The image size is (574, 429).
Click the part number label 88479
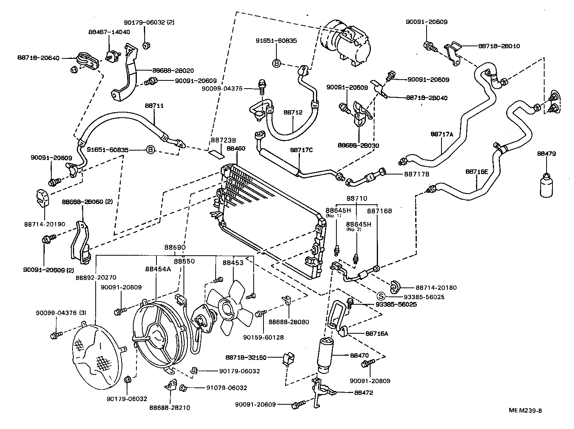coord(546,154)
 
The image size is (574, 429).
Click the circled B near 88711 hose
coord(150,150)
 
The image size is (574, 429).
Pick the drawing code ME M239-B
coord(525,411)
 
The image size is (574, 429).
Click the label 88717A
coord(441,134)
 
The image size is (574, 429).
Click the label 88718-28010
coord(499,46)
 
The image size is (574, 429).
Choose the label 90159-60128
coord(263,337)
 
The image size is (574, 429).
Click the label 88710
coord(356,198)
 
